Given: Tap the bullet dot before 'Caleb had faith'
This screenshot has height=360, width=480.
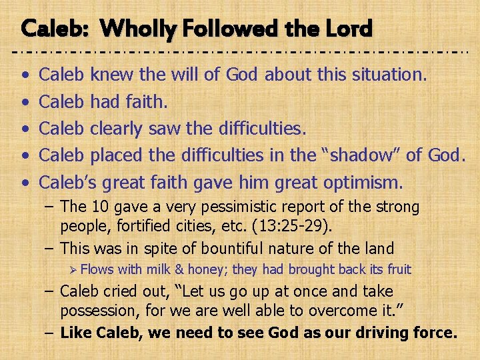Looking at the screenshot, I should coord(25,102).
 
